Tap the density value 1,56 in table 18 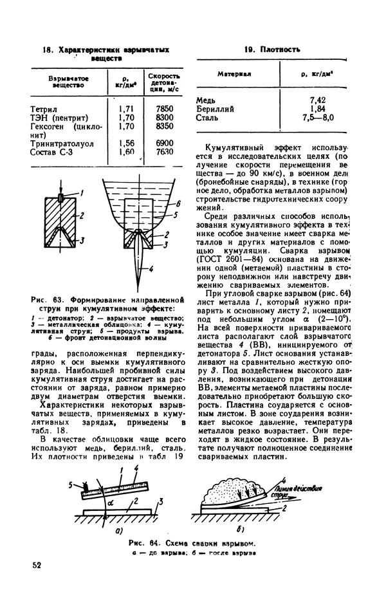(126, 143)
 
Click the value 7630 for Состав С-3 (165, 152)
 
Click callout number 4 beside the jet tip (150, 268)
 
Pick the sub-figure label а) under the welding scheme (119, 532)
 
